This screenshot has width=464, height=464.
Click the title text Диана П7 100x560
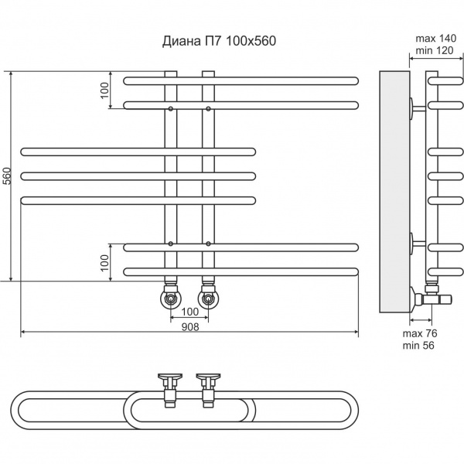[218, 42]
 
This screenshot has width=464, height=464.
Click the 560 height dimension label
[7, 176]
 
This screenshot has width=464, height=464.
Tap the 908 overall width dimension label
[189, 326]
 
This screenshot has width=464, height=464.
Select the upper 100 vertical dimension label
[105, 90]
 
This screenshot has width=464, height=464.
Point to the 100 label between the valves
[189, 312]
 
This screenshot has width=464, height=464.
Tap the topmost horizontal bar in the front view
[241, 80]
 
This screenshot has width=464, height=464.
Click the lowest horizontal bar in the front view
[241, 271]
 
